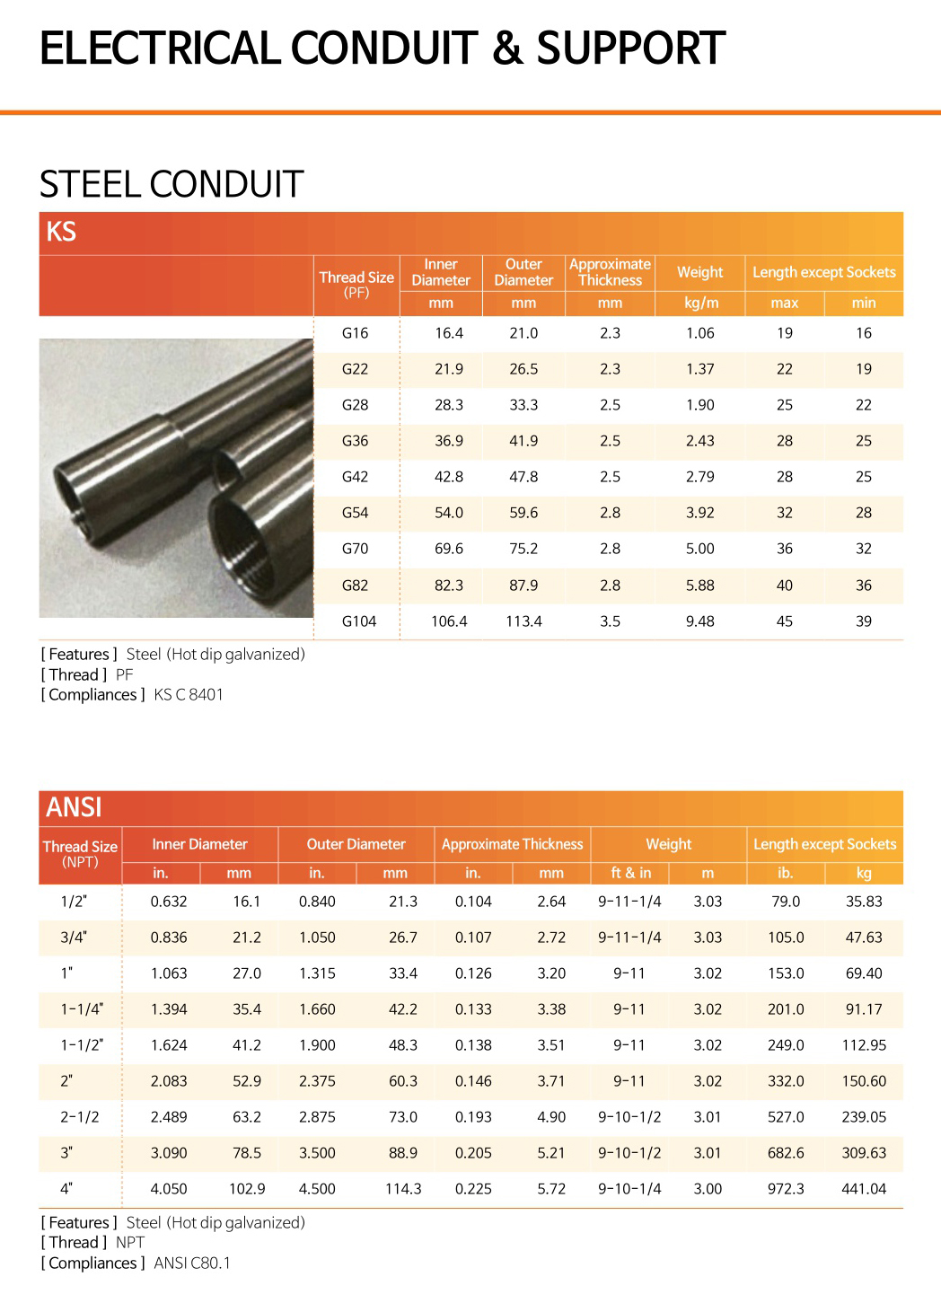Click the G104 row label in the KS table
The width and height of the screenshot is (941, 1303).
(359, 621)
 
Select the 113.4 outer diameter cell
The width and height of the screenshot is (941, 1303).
(523, 621)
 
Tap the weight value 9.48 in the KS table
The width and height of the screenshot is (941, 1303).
(699, 621)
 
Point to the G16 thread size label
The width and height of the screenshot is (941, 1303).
(355, 333)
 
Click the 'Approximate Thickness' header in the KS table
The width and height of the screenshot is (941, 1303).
(610, 272)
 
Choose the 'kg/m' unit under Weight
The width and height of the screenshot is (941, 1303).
(700, 304)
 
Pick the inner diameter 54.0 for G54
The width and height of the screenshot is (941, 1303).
(448, 513)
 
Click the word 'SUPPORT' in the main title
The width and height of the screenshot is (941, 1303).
(630, 48)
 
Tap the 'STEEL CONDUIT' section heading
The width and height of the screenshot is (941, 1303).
(171, 184)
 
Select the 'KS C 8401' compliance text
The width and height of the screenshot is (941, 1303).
(189, 694)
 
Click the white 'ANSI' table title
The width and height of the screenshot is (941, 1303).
(74, 807)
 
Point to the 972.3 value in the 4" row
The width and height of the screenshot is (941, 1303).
(786, 1189)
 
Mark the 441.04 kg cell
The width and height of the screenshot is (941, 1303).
(863, 1189)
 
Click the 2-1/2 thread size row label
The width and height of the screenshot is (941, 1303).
(80, 1117)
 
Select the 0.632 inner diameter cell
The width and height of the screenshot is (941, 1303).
(169, 902)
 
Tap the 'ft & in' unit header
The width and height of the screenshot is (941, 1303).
(630, 873)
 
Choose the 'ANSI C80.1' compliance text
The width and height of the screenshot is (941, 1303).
(192, 1263)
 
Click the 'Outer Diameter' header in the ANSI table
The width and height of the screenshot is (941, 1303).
(356, 844)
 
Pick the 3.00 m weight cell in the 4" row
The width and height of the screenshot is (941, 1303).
(708, 1189)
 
